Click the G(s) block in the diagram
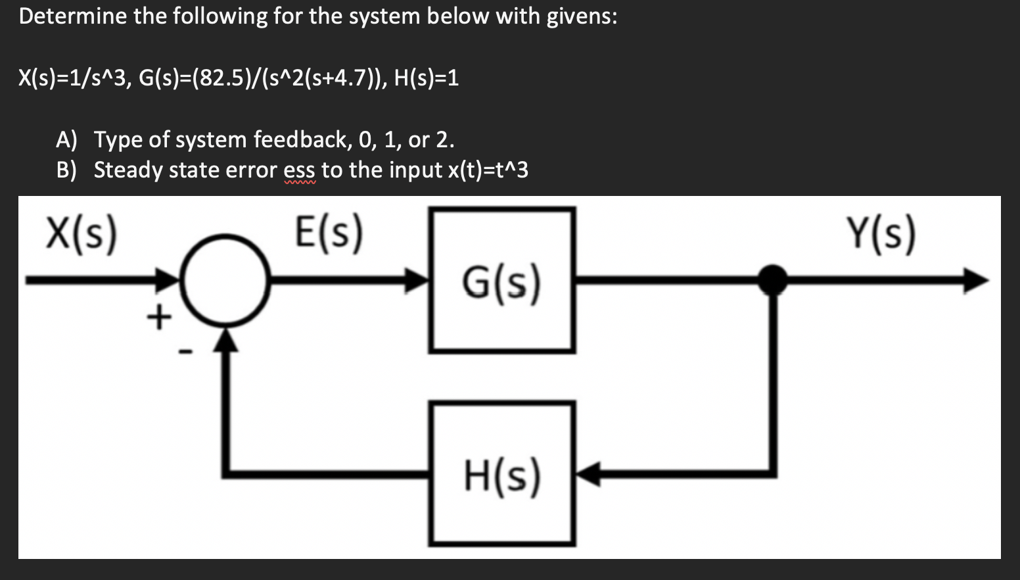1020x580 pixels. point(502,281)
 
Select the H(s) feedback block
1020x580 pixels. point(502,473)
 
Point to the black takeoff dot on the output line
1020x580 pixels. point(773,280)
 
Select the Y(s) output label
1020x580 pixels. point(881,235)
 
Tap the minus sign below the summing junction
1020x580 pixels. point(186,353)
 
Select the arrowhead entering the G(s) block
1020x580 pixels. point(417,281)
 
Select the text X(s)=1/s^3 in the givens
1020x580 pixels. point(72,78)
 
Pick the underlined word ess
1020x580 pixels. point(300,170)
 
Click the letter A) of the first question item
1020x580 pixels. point(66,139)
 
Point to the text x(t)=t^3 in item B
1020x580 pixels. point(488,170)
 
